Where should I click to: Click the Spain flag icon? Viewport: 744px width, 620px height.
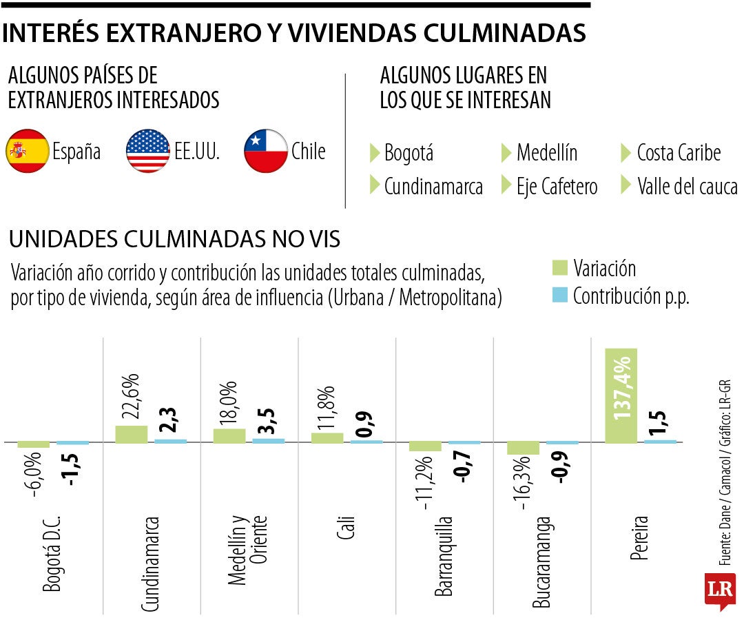click(x=27, y=151)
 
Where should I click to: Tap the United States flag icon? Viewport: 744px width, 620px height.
click(x=148, y=151)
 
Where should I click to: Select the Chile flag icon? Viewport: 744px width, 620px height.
click(x=266, y=151)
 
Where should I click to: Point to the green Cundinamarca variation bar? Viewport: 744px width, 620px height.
click(x=131, y=434)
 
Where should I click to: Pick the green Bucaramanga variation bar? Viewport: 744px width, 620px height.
click(x=523, y=448)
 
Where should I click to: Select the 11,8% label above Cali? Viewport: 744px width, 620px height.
click(x=327, y=409)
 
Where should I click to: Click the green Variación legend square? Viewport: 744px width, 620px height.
click(x=559, y=267)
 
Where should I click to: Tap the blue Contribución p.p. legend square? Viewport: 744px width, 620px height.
click(x=559, y=296)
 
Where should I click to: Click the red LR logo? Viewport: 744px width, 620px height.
click(x=719, y=590)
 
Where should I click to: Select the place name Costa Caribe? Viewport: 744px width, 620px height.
click(x=678, y=152)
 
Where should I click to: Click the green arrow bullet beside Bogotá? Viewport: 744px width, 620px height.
click(x=375, y=152)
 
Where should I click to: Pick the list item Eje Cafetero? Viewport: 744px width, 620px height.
click(x=557, y=186)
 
